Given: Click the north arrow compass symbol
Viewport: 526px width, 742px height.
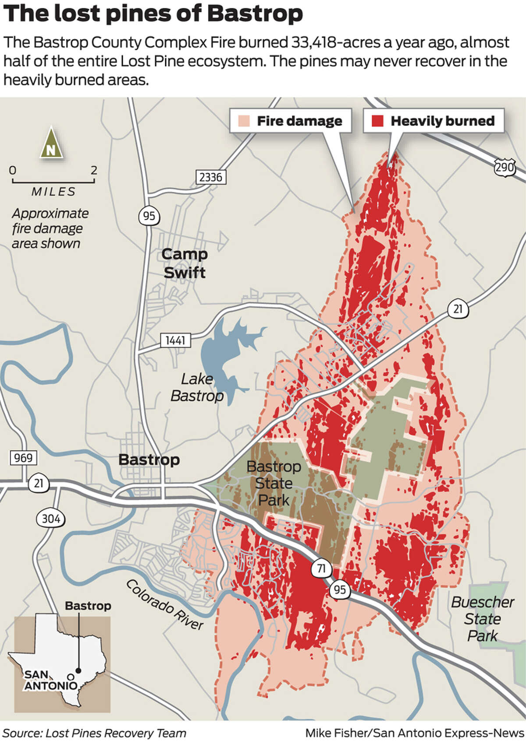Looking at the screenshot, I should click(x=51, y=143).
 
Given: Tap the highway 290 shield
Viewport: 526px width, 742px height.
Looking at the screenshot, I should click(x=504, y=168).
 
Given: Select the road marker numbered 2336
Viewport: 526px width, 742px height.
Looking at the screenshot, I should click(x=211, y=177).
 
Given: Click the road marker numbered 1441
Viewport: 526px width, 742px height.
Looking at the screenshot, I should click(x=175, y=340).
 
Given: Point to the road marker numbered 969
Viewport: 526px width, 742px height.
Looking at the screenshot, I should click(x=23, y=458).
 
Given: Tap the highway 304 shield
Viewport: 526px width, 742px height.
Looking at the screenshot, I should click(x=50, y=519).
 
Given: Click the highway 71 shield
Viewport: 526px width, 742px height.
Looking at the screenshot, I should click(x=321, y=569).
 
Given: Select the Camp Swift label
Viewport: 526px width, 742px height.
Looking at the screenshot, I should click(x=184, y=263).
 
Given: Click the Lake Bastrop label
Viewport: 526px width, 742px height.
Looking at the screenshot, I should click(x=197, y=387).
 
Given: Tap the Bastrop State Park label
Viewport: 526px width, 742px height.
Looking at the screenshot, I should click(x=274, y=483).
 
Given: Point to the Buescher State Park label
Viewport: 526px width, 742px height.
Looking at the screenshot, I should click(x=482, y=619).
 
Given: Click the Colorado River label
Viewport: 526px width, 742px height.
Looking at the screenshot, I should click(x=164, y=604).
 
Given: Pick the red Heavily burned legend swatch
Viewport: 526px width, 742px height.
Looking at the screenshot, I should click(x=377, y=121).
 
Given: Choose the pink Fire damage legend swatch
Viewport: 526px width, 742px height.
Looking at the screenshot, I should click(x=244, y=121).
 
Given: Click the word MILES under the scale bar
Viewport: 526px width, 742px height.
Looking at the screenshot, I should click(x=53, y=192).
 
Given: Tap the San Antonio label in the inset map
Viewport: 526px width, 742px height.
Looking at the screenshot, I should click(x=50, y=680).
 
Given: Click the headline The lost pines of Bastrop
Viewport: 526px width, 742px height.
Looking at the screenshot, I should click(x=153, y=14).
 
